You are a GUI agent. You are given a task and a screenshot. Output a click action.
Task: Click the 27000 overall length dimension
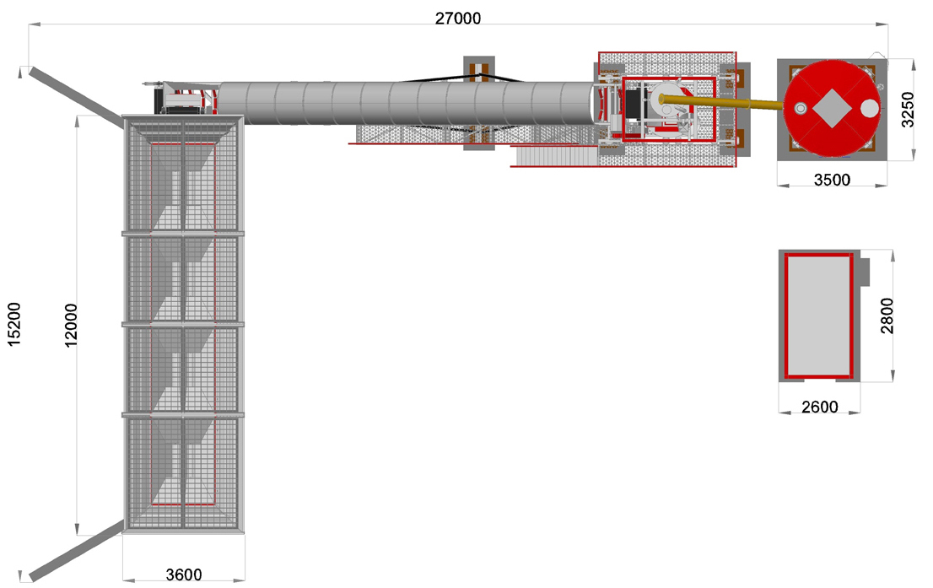click(457, 18)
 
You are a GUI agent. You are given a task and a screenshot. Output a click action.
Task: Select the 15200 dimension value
click(13, 324)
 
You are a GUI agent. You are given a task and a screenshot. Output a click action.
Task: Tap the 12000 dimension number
click(70, 325)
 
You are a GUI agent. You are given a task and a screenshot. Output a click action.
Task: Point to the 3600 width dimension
click(183, 575)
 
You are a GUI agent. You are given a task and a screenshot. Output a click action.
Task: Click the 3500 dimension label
click(832, 179)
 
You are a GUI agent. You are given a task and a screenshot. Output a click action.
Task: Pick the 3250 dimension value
click(907, 109)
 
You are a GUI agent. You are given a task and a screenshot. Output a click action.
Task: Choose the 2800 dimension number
click(887, 316)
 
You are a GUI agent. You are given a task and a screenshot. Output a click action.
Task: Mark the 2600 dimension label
click(819, 407)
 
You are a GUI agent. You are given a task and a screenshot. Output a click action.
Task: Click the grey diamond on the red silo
click(831, 108)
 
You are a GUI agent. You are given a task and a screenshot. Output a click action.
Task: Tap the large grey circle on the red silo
click(870, 108)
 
